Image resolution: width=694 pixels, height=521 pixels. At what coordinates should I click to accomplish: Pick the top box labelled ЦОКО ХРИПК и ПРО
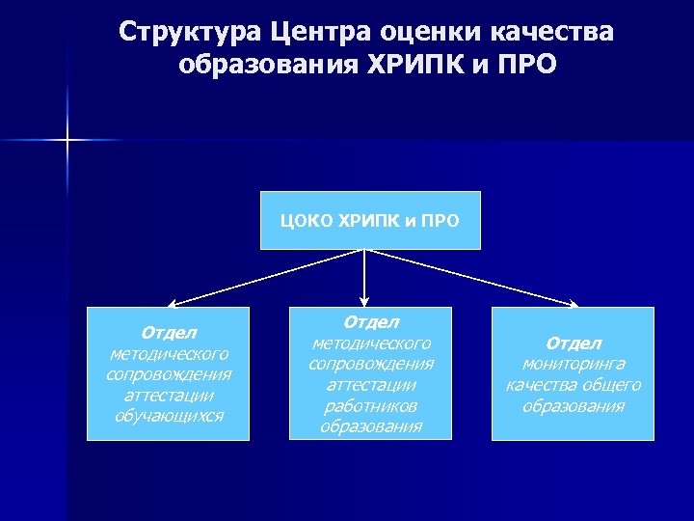(370, 220)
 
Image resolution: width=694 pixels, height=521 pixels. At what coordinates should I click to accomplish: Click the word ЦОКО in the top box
(305, 220)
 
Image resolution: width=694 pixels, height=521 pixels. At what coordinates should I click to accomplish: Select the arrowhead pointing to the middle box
(364, 300)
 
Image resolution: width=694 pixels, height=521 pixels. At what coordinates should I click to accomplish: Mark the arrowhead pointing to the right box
(574, 305)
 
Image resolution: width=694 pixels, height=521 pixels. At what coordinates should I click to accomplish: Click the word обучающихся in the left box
(169, 416)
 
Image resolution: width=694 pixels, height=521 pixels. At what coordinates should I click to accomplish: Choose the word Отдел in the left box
(169, 333)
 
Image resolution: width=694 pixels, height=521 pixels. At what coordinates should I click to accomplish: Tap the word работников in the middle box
(370, 405)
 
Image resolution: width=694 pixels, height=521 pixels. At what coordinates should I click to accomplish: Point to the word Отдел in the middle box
(370, 322)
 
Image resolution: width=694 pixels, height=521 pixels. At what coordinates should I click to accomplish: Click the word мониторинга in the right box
(574, 364)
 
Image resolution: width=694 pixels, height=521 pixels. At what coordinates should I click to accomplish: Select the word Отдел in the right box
(574, 343)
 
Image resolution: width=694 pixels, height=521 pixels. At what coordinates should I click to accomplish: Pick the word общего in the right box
(611, 385)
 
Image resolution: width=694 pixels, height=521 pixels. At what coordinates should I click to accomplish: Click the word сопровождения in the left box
(169, 374)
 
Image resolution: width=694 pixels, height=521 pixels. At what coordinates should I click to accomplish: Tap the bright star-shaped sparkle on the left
(68, 141)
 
